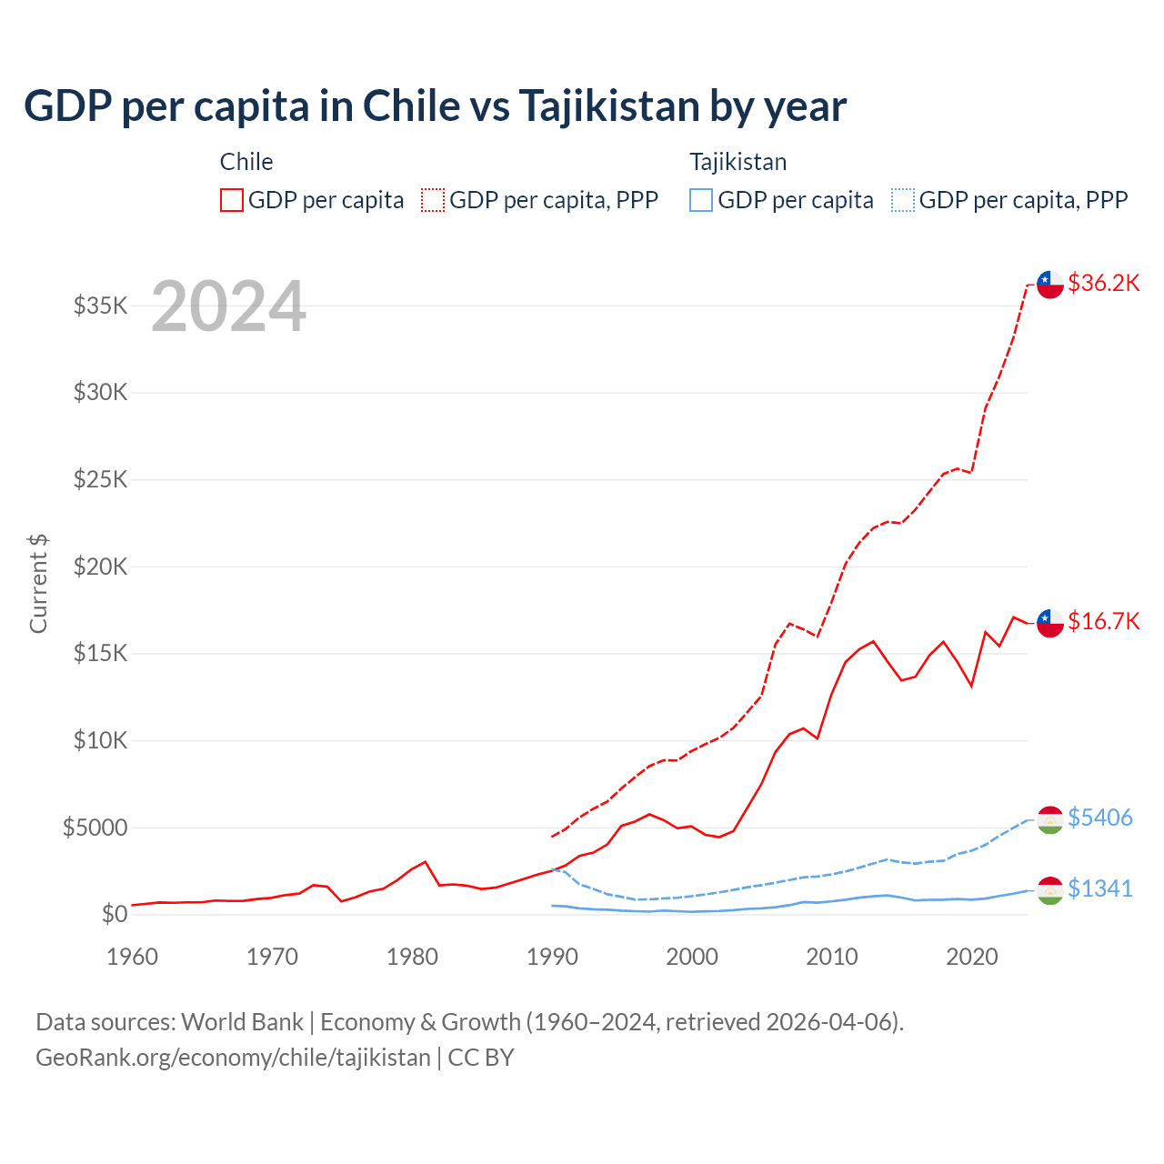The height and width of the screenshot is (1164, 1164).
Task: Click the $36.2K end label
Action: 1103,283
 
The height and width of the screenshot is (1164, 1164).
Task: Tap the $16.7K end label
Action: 1103,621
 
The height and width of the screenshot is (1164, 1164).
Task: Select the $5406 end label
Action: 1099,818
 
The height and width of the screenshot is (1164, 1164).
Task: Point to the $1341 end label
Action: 1099,888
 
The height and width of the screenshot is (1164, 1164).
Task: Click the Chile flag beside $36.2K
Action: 1050,284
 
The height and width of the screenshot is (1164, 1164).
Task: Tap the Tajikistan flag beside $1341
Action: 1050,890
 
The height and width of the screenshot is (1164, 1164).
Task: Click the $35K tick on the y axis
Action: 101,306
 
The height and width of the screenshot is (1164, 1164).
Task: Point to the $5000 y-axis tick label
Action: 95,828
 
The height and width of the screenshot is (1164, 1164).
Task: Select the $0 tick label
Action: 114,914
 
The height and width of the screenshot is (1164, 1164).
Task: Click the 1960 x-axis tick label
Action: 133,957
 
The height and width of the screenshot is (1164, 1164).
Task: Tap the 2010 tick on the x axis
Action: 832,957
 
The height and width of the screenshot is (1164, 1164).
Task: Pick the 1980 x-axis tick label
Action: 413,957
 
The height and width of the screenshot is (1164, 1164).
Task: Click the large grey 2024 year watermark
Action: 229,306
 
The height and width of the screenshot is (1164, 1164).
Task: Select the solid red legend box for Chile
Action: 232,200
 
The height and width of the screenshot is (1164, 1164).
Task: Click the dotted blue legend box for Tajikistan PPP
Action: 903,200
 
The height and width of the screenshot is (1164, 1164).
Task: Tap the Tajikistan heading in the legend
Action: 738,162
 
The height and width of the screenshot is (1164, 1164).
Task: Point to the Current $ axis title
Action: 38,584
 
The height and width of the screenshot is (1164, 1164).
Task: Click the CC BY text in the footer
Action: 481,1058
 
